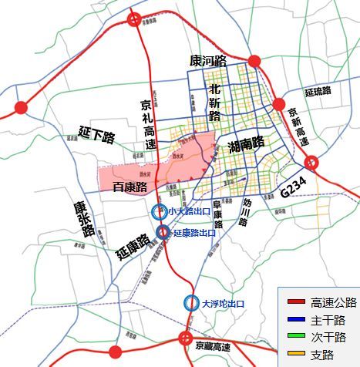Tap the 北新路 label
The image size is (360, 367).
tap(215, 103)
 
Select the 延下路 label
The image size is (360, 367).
tap(96, 136)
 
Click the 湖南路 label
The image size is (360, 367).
tap(246, 143)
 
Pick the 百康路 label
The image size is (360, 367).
tap(130, 187)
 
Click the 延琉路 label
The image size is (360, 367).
tap(316, 92)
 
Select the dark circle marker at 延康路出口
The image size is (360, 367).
tap(163, 232)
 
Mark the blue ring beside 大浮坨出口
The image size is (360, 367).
tap(190, 304)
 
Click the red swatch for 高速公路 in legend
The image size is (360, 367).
tap(295, 301)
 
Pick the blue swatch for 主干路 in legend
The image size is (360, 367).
tap(295, 319)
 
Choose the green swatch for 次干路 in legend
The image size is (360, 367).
tap(295, 337)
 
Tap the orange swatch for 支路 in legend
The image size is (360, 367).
tap(295, 355)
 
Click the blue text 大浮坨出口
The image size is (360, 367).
tap(222, 304)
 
